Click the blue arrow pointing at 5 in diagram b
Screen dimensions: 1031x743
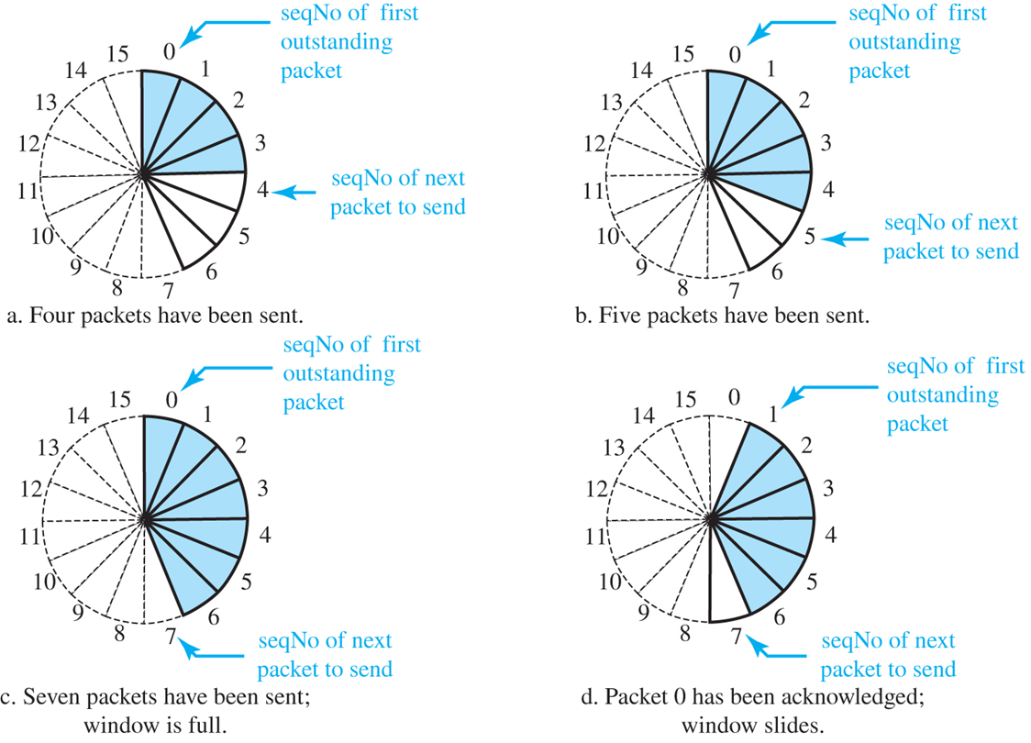pyautogui.click(x=844, y=238)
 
